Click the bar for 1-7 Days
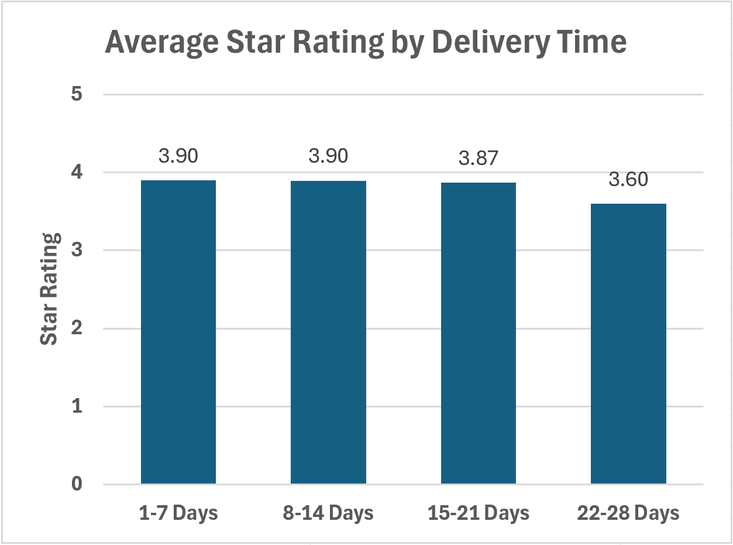(178, 332)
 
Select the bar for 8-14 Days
(328, 332)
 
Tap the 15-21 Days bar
(478, 333)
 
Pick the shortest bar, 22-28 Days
(628, 344)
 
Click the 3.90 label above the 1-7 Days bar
(178, 156)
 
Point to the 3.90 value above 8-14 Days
(328, 156)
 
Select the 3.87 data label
(478, 158)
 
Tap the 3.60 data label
(628, 179)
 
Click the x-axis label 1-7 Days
(178, 513)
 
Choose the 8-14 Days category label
(328, 513)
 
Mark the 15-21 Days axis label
(478, 513)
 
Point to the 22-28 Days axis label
(628, 513)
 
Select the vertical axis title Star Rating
(51, 289)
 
